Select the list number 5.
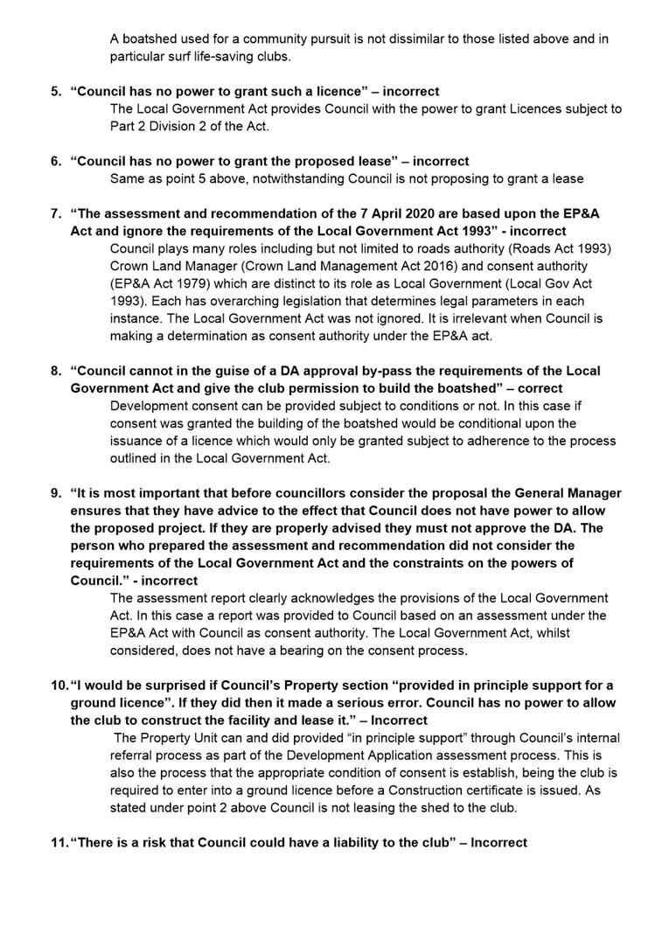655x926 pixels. point(55,91)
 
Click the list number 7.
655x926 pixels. point(55,213)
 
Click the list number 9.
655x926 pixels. point(55,493)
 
